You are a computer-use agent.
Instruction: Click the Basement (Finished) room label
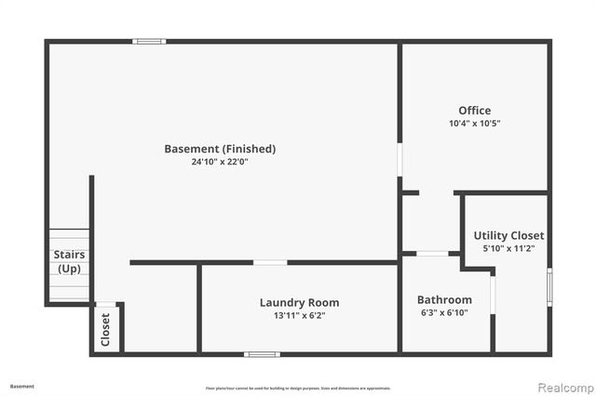[220, 149]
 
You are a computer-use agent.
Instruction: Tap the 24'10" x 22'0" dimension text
[220, 162]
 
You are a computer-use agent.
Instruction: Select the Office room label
[474, 111]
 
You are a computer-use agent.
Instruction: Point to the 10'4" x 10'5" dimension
[474, 124]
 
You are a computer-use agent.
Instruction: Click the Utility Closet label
[508, 235]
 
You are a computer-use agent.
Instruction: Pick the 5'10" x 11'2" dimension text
[508, 248]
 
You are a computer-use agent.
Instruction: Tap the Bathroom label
[444, 300]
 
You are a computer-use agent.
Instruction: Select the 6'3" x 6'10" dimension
[444, 312]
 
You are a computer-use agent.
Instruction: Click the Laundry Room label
[299, 302]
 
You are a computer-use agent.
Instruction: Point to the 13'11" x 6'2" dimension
[299, 315]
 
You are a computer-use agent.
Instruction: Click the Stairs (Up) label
[69, 261]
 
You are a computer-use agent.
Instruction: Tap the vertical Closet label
[106, 328]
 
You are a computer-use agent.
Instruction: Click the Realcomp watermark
[562, 387]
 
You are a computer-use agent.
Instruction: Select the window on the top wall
[148, 41]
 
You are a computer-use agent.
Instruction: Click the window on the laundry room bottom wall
[262, 354]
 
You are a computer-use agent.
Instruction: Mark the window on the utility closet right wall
[549, 286]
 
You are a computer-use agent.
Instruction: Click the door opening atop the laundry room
[270, 263]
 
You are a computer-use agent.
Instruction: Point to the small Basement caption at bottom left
[22, 386]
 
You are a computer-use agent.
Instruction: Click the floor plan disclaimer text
[298, 388]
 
